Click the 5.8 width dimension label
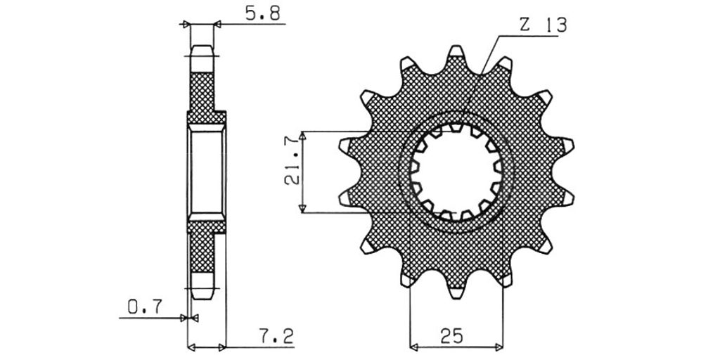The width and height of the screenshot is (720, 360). click(263, 13)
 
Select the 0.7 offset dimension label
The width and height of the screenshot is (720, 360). click(145, 307)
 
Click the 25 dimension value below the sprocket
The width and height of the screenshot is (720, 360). click(452, 335)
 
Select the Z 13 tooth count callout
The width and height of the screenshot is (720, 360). click(544, 25)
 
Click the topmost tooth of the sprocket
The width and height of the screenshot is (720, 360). click(456, 51)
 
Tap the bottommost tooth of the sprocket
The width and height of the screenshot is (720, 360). click(456, 292)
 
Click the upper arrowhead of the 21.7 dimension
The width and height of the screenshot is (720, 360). click(302, 136)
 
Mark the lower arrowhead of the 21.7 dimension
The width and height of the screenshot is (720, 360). click(302, 208)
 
